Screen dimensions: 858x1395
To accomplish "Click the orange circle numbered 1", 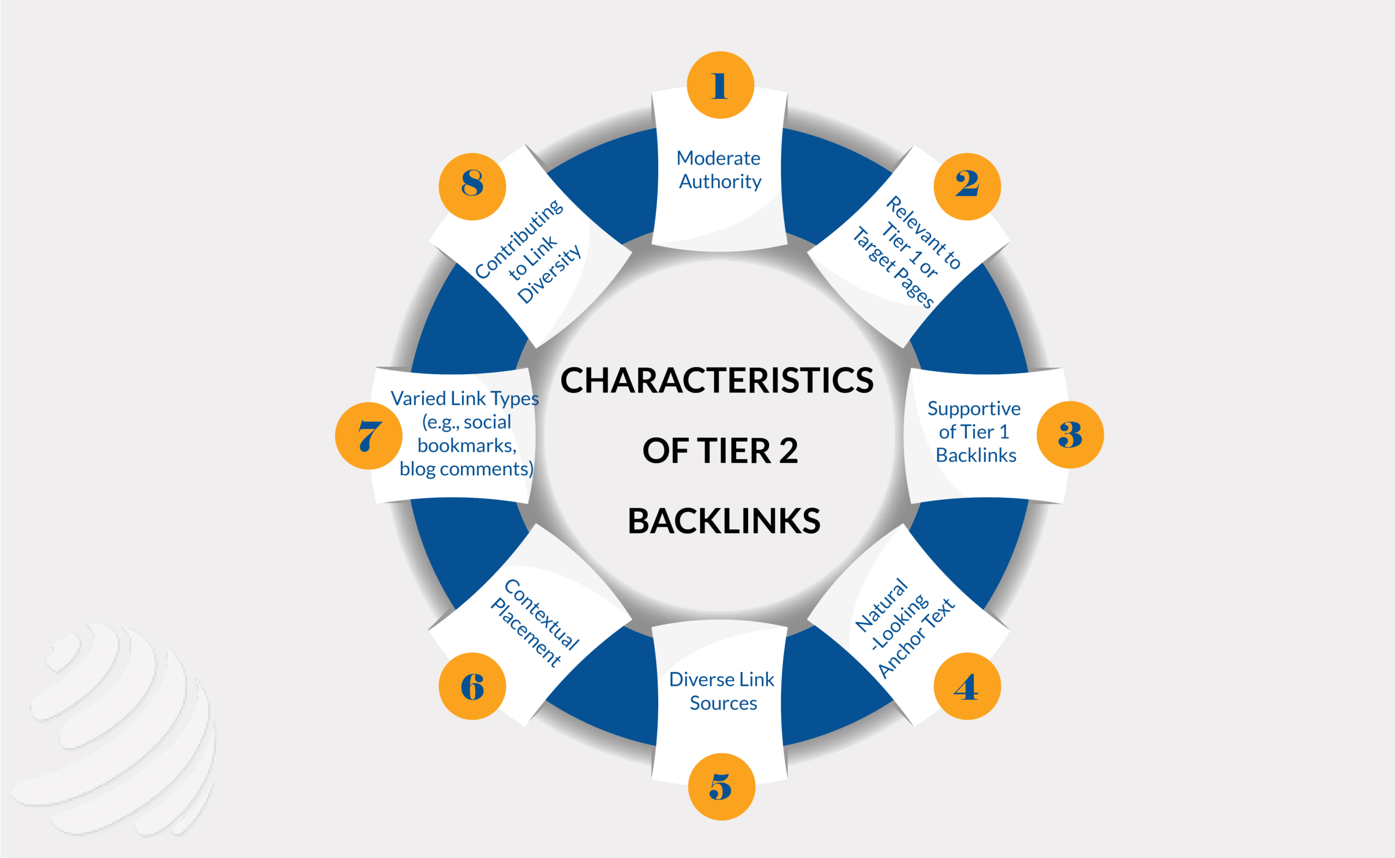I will tap(720, 85).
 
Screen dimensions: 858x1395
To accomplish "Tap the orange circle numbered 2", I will tap(967, 186).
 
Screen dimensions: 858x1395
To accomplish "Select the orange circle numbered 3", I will tap(1069, 434).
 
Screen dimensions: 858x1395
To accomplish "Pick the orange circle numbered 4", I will tap(967, 686).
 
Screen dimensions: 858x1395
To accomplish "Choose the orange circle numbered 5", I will tap(721, 787).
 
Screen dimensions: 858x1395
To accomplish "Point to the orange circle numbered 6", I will tap(472, 686).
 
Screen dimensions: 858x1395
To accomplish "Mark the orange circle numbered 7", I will tap(369, 436).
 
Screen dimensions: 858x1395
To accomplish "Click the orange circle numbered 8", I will tap(472, 186).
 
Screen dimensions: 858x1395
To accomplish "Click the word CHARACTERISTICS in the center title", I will tap(717, 380).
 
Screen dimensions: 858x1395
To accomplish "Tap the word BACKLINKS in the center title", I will tap(723, 521).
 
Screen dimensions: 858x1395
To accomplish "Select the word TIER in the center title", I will tap(734, 451).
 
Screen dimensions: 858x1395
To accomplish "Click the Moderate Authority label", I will tap(719, 170).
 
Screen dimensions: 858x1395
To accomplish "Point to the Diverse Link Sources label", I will tap(721, 691).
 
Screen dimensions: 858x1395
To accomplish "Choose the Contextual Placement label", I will tap(535, 623).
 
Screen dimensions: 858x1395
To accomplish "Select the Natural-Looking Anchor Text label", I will tap(904, 628).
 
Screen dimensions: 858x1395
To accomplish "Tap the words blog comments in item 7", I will tap(466, 469).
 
